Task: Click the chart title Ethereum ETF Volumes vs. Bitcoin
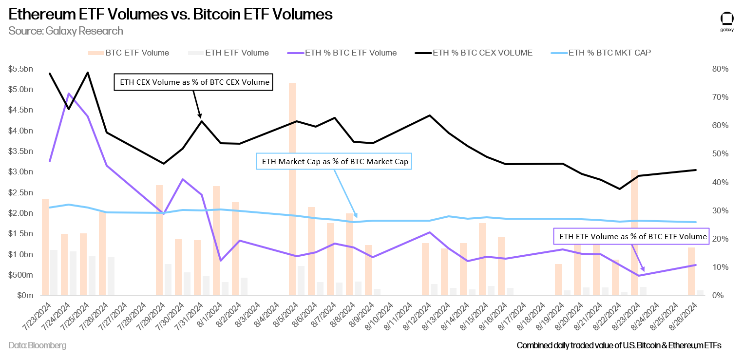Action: click(171, 14)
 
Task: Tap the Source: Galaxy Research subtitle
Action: click(65, 31)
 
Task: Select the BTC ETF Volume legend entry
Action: click(129, 53)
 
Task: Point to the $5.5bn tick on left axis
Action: click(20, 69)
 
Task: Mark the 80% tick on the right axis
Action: click(720, 69)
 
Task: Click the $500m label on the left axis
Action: click(20, 275)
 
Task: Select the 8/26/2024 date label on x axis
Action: click(684, 317)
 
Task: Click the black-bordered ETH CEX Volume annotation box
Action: click(193, 82)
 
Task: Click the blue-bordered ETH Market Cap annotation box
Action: click(334, 161)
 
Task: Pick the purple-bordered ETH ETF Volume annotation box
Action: click(631, 236)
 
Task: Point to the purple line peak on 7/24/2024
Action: click(69, 94)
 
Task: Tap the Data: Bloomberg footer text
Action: click(37, 345)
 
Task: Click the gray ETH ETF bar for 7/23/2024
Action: click(54, 272)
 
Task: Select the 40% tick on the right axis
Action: click(720, 182)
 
